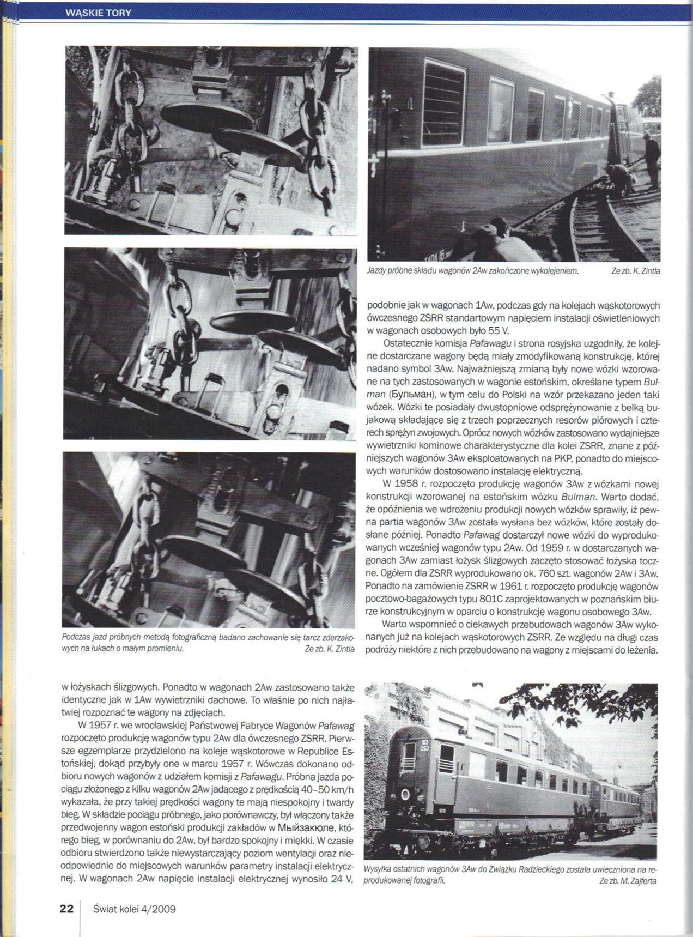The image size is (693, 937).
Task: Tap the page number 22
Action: coord(66,909)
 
